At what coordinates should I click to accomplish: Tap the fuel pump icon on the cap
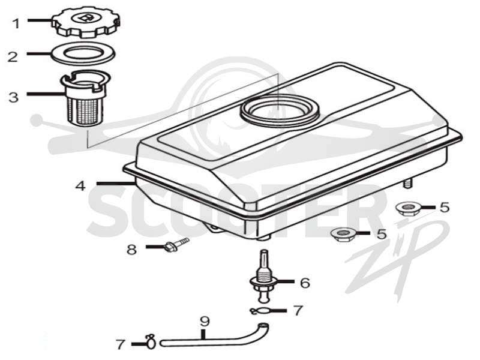87,19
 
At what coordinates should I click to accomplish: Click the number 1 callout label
16,23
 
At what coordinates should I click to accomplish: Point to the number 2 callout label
13,57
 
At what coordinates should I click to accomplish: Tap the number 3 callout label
13,98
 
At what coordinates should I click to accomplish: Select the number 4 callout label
80,186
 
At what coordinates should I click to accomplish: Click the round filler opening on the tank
280,108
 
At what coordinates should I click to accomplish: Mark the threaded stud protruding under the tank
407,184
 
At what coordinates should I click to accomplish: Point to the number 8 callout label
132,250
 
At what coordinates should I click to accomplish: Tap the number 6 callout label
305,283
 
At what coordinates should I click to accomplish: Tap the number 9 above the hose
205,322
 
